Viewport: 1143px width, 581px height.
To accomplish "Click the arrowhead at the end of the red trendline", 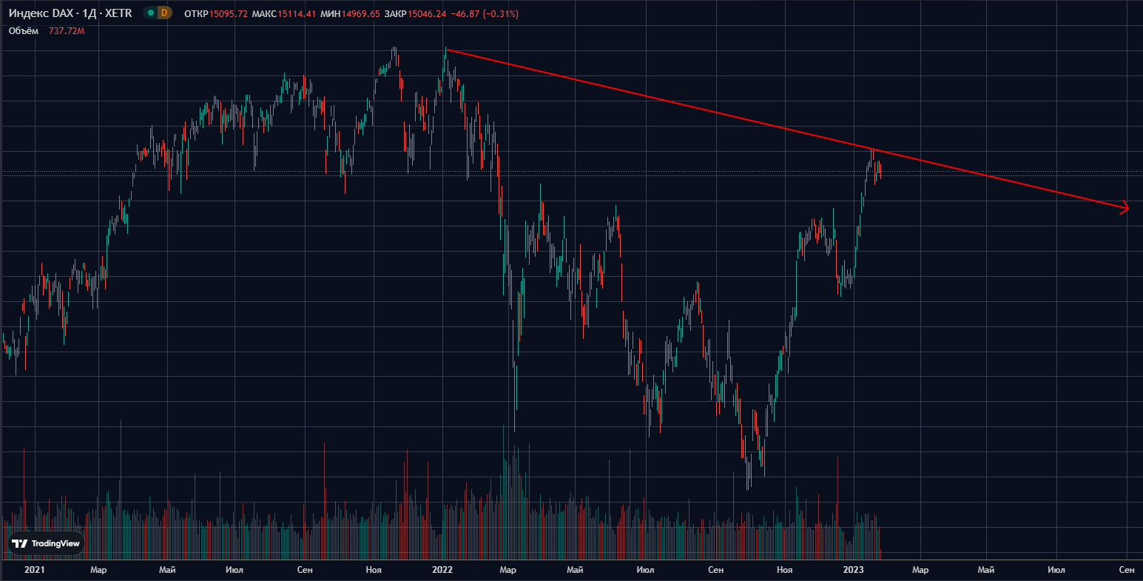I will [1126, 208].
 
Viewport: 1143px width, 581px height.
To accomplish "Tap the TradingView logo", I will [46, 543].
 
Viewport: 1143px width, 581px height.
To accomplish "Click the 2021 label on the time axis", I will [34, 570].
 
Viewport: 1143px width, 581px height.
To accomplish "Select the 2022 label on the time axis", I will [442, 570].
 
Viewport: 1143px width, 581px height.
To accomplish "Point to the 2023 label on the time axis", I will [853, 570].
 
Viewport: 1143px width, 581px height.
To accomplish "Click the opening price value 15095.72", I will [228, 14].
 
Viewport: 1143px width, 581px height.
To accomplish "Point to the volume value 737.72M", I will [67, 31].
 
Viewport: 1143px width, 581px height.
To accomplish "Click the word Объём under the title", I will [24, 31].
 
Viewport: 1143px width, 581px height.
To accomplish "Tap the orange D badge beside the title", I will [163, 13].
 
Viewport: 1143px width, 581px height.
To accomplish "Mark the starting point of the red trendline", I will [447, 50].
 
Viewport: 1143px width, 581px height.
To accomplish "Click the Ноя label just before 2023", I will [785, 570].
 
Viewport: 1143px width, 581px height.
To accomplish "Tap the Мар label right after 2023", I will [920, 570].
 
